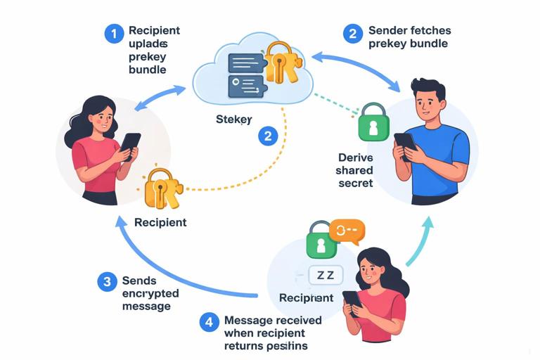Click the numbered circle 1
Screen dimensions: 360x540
point(114,33)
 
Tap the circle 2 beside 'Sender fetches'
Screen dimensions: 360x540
point(353,33)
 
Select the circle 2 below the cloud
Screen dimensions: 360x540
point(267,136)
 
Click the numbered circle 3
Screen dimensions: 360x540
point(107,282)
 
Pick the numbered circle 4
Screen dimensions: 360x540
point(208,323)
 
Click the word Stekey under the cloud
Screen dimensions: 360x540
point(233,120)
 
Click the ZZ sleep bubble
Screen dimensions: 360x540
point(325,275)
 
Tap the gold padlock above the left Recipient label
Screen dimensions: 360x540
point(162,188)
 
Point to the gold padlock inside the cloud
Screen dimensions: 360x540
point(280,63)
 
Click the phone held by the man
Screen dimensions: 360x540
point(404,145)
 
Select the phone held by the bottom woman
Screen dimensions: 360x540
point(352,302)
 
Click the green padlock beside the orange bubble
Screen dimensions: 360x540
point(321,240)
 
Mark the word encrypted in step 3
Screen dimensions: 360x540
point(150,294)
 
